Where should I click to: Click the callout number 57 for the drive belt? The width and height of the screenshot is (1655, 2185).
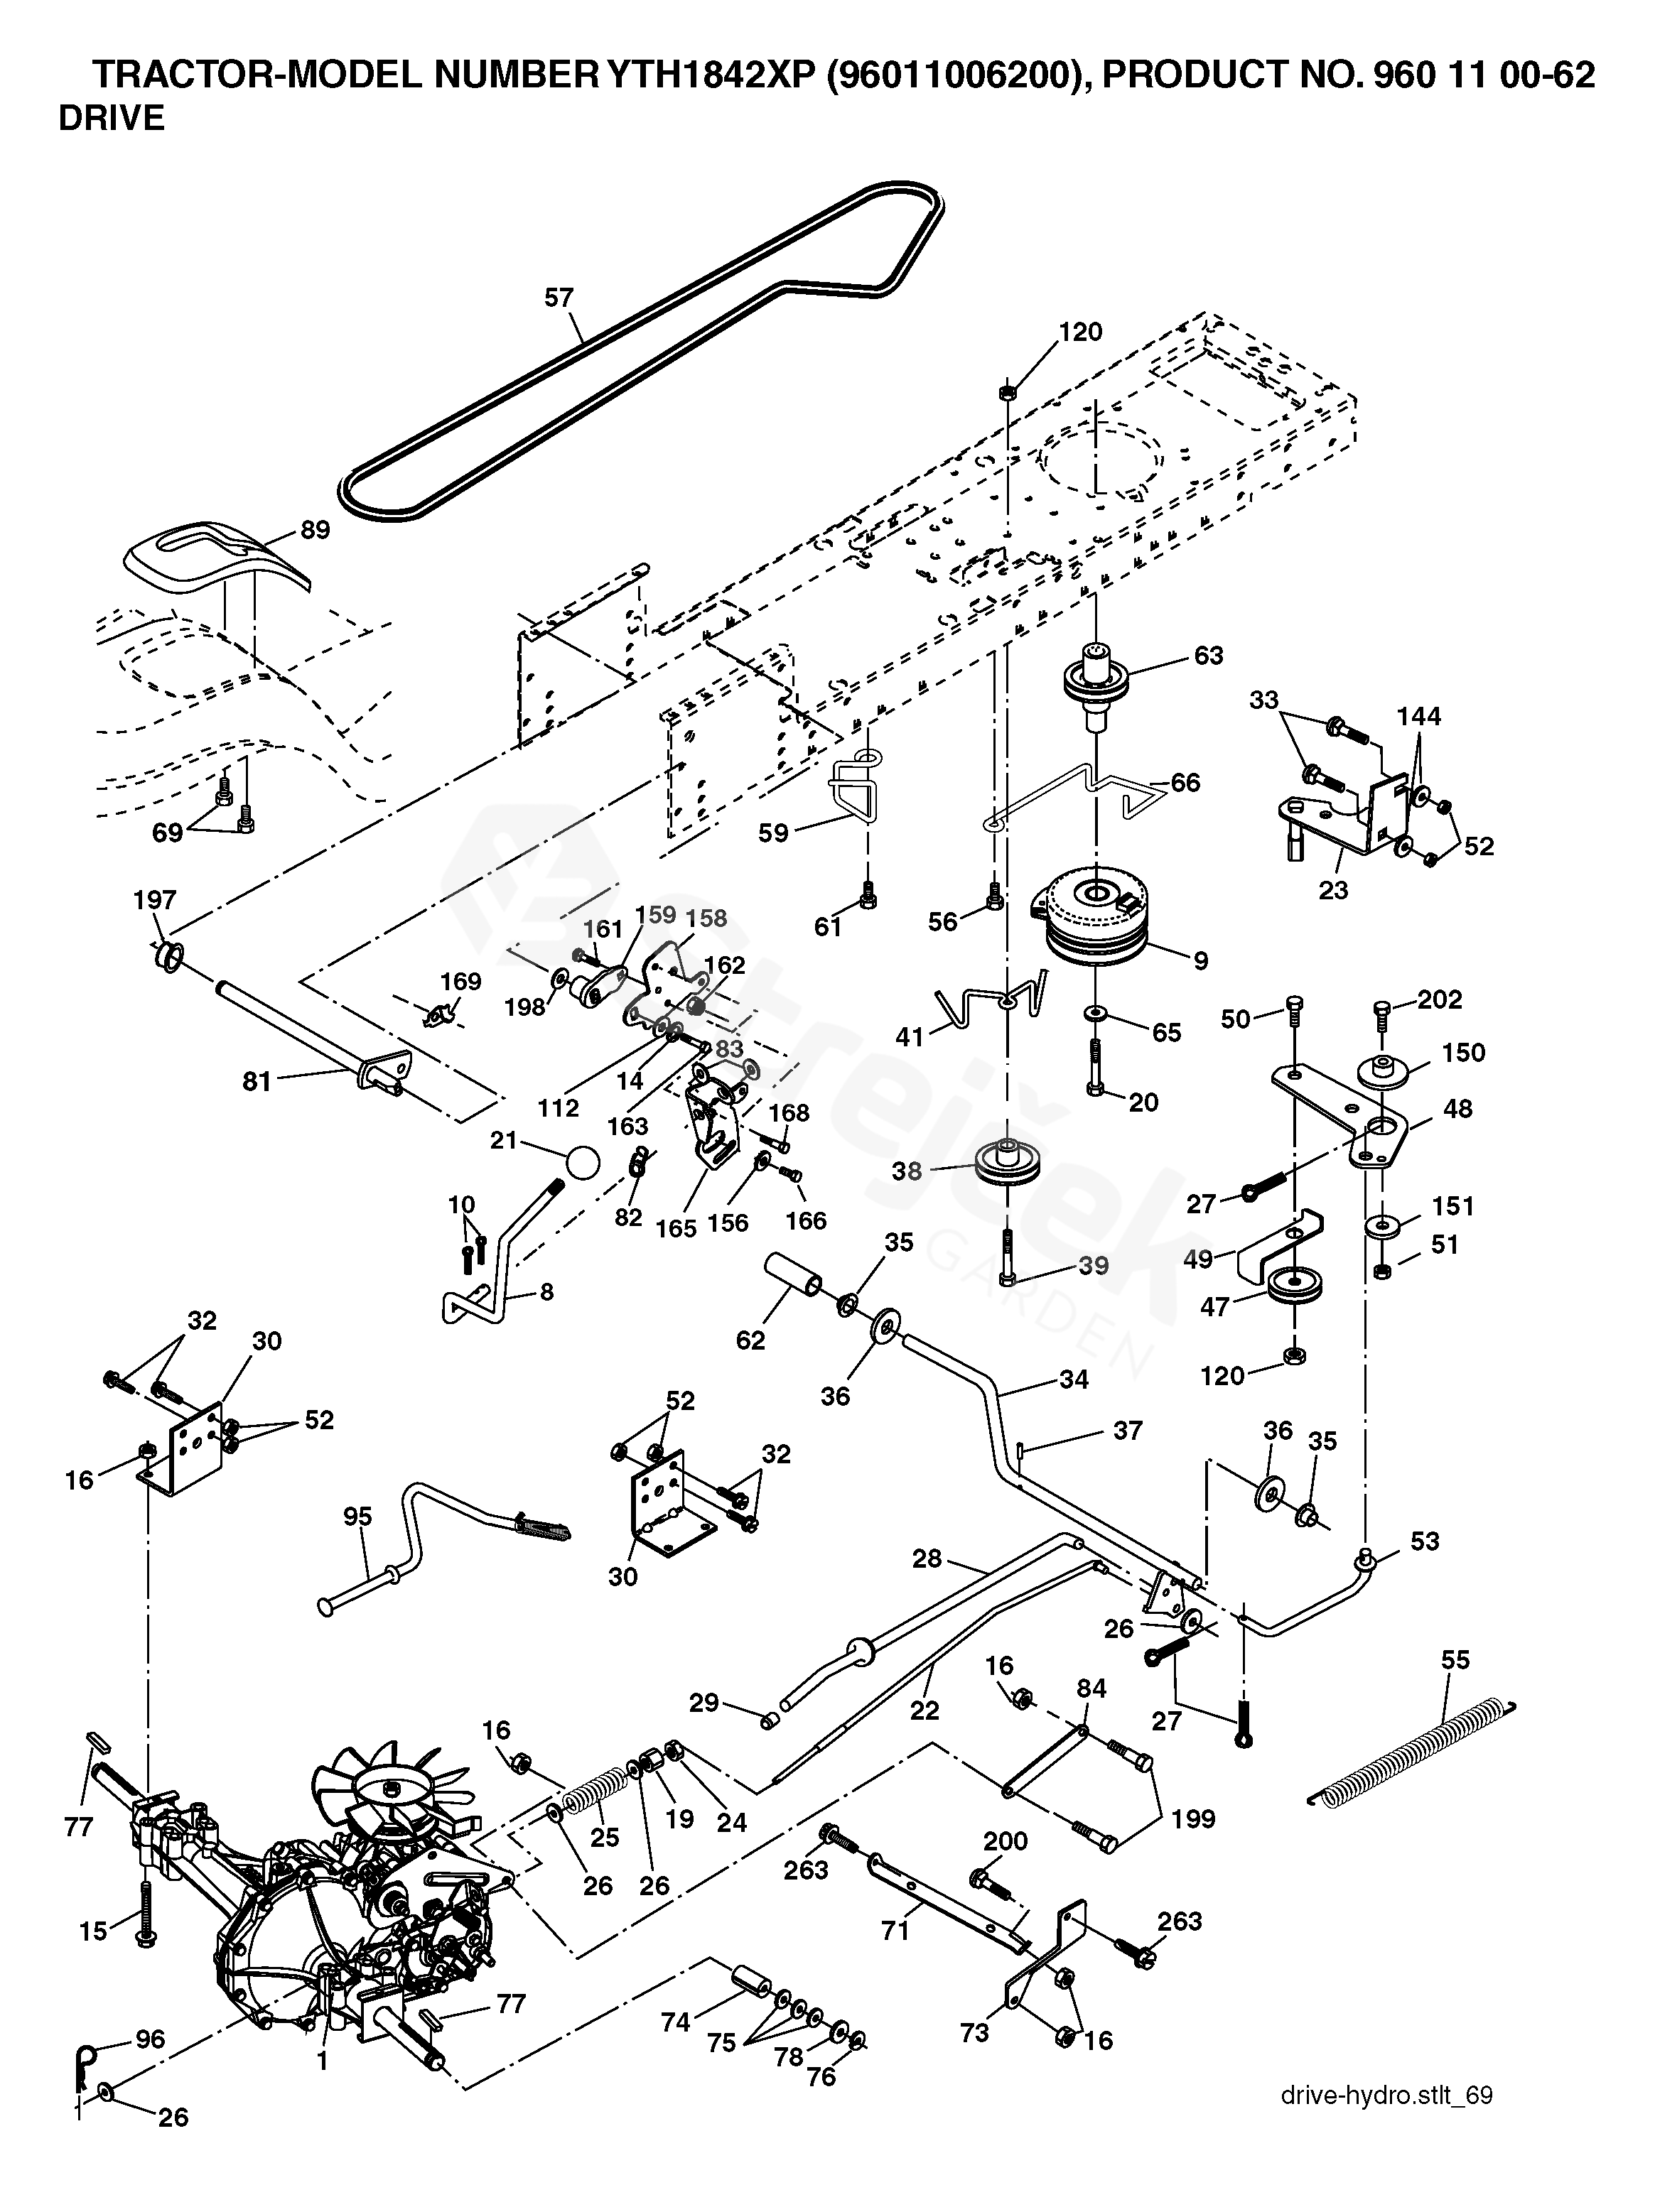559,298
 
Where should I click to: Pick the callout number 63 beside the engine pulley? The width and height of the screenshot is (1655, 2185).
1209,655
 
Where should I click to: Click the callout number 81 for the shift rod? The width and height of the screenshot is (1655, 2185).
257,1082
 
